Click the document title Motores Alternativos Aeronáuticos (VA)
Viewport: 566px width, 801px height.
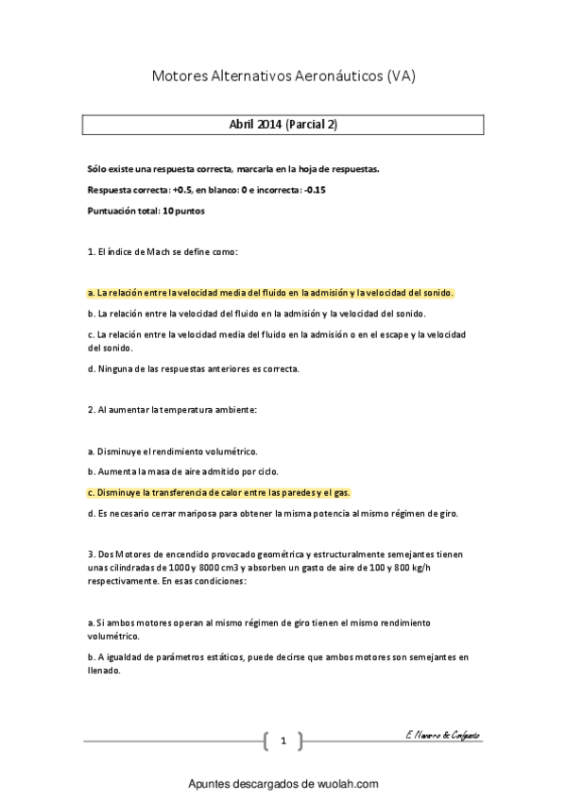tap(283, 76)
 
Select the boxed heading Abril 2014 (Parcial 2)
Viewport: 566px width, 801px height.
tap(283, 125)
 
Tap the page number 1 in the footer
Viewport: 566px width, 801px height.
tap(283, 741)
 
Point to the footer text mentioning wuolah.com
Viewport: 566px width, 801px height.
tap(283, 784)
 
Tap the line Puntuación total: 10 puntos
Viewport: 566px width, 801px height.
tap(145, 210)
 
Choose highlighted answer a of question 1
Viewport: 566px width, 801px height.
tap(270, 293)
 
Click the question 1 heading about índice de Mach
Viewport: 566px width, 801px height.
tap(162, 252)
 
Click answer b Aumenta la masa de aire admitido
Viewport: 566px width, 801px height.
tap(182, 471)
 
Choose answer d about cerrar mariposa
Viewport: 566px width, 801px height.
tap(272, 513)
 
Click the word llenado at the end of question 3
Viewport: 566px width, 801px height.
tap(103, 672)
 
